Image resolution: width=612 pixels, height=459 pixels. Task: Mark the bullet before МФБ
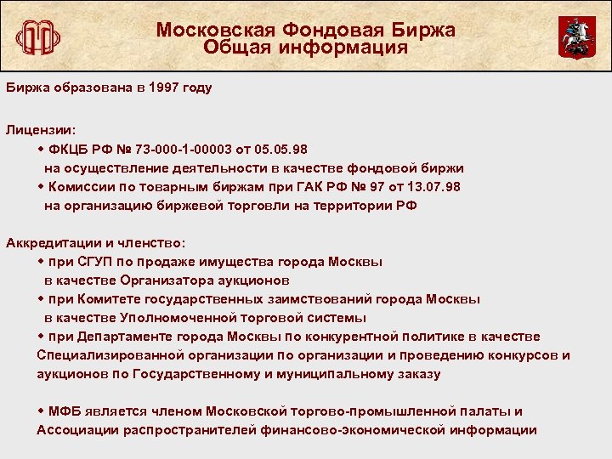[41, 411]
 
